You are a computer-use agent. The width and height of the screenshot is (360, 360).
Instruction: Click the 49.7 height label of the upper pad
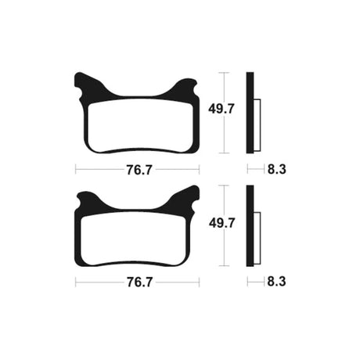pyautogui.click(x=221, y=109)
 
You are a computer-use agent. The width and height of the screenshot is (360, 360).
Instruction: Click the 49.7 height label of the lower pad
pyautogui.click(x=222, y=223)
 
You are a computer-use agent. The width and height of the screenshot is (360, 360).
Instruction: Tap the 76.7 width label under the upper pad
pyautogui.click(x=139, y=171)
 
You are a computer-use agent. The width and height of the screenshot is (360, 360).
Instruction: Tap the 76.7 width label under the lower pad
pyautogui.click(x=139, y=283)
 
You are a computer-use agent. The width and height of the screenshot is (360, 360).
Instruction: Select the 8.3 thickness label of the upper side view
pyautogui.click(x=277, y=169)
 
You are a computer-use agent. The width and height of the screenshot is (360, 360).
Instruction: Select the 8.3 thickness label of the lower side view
pyautogui.click(x=276, y=282)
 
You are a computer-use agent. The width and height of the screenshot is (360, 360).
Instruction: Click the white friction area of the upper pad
pyautogui.click(x=141, y=125)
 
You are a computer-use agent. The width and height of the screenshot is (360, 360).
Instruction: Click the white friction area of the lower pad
pyautogui.click(x=133, y=238)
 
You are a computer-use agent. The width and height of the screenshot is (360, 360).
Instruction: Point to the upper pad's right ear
pyautogui.click(x=185, y=88)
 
